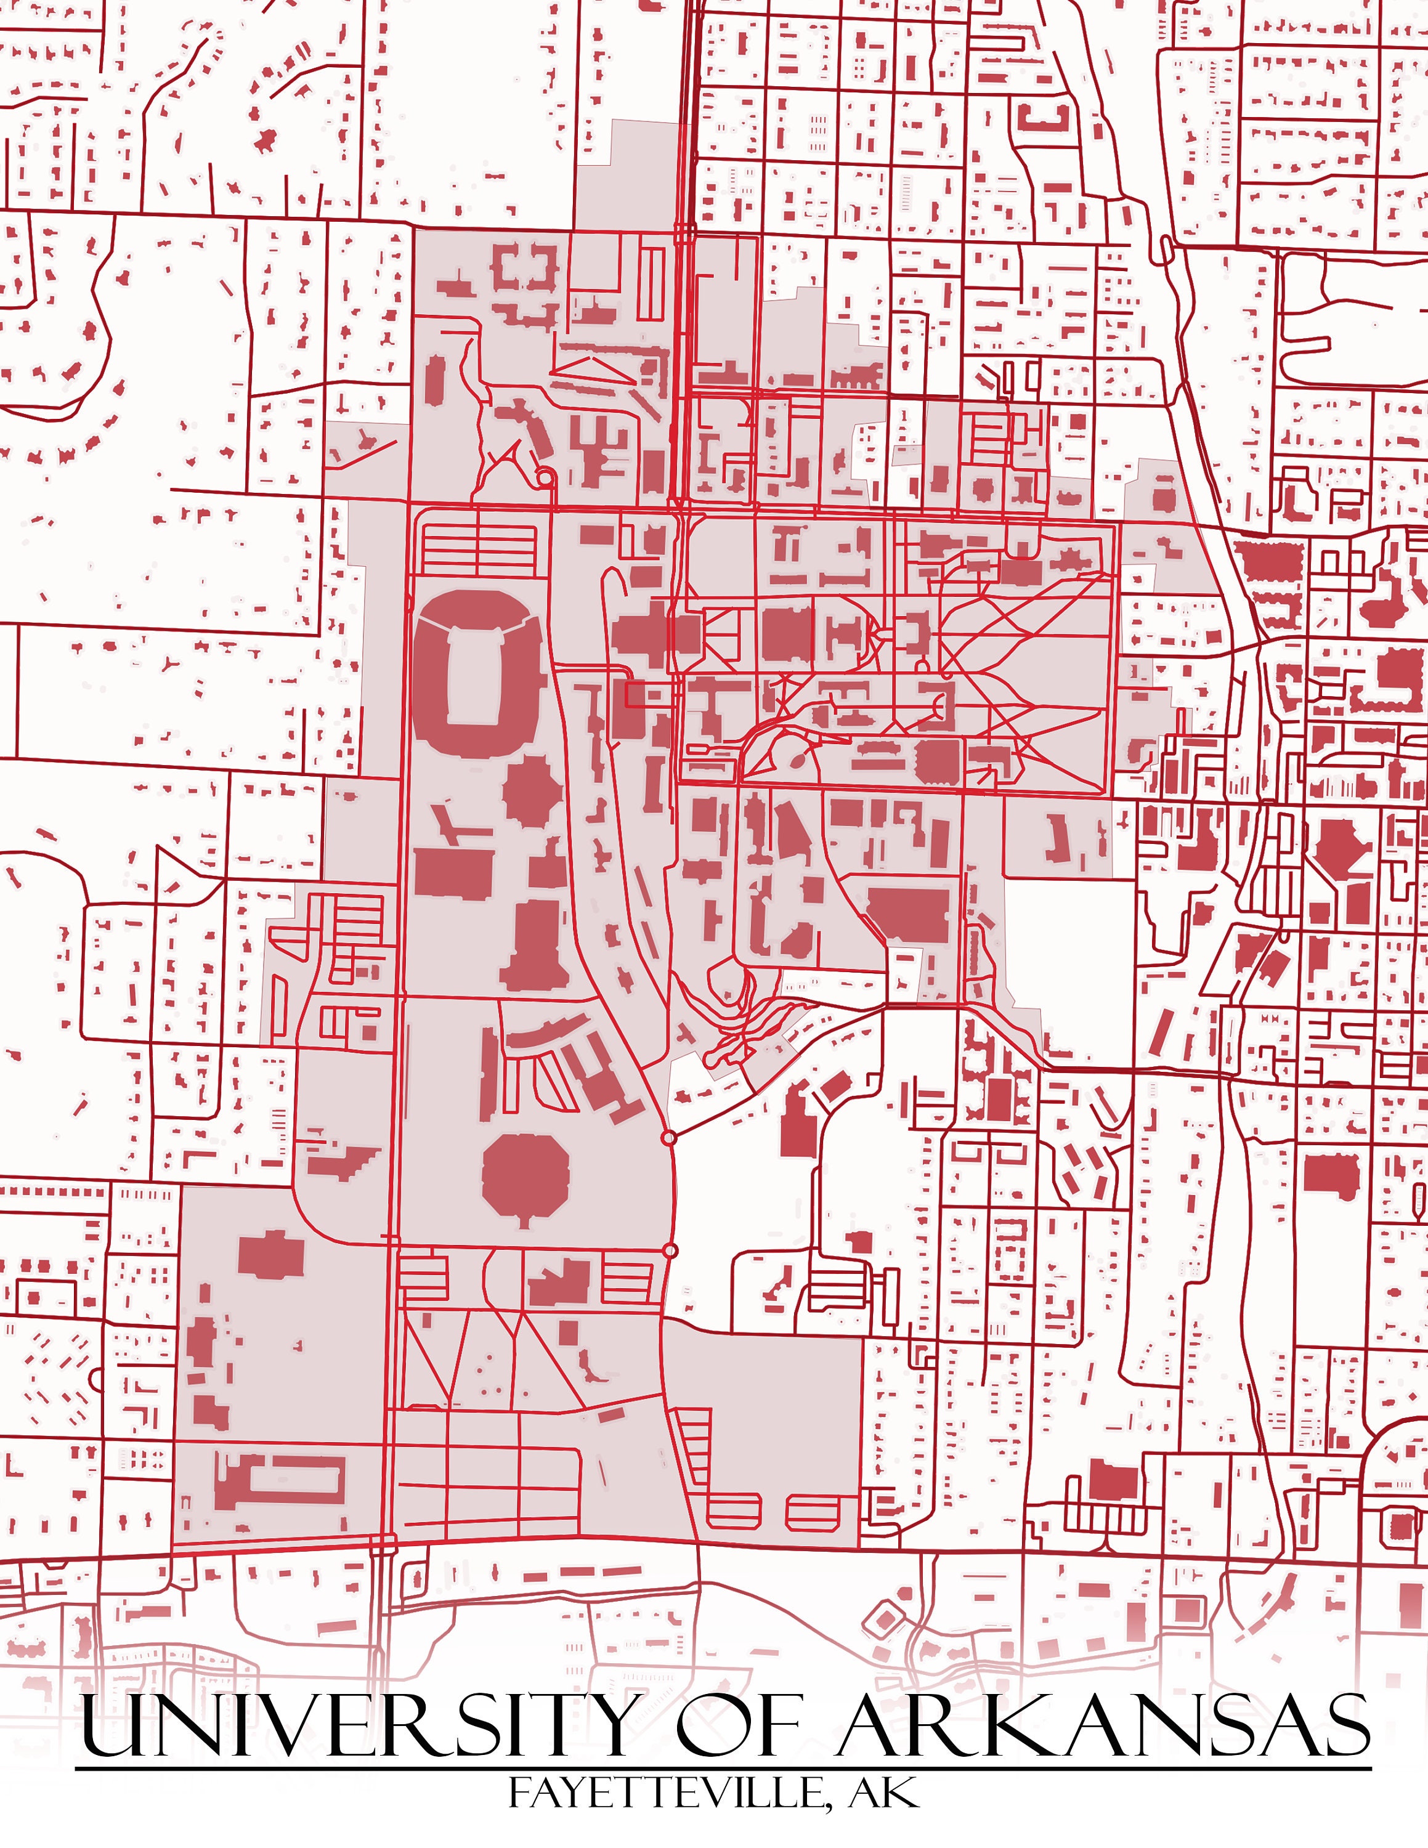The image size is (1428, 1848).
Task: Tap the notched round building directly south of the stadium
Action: pyautogui.click(x=533, y=791)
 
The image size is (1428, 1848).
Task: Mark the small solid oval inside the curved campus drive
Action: pyautogui.click(x=796, y=761)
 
